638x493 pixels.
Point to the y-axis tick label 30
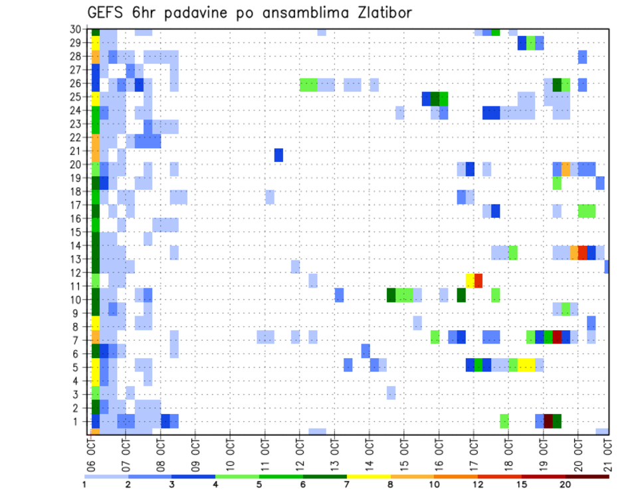click(x=77, y=29)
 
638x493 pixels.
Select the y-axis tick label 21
click(x=77, y=151)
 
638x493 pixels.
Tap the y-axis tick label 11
click(x=77, y=286)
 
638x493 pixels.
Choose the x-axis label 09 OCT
click(x=195, y=452)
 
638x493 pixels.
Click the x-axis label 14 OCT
click(x=369, y=452)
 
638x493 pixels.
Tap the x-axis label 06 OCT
click(x=90, y=452)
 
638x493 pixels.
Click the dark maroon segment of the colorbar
click(x=587, y=476)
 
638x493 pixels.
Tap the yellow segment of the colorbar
click(x=368, y=476)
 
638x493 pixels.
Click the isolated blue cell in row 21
click(x=279, y=155)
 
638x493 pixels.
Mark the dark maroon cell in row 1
click(x=548, y=421)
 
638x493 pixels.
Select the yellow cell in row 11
click(x=470, y=280)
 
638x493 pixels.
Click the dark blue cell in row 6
click(x=366, y=350)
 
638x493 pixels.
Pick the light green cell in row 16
click(x=587, y=211)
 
